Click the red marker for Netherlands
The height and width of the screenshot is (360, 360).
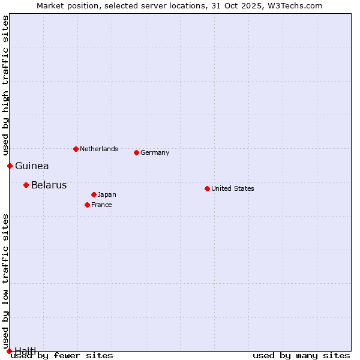[76, 149]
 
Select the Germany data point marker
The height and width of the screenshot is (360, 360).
[136, 152]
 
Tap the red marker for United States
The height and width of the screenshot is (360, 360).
[207, 188]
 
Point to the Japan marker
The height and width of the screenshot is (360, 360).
[94, 194]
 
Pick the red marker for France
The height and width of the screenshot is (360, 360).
[87, 205]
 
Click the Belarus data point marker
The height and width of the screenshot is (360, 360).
[26, 185]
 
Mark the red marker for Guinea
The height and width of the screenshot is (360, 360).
[10, 166]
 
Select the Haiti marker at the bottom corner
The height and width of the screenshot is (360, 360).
[9, 351]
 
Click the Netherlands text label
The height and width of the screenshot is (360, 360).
[98, 149]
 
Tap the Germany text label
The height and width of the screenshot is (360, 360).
[155, 152]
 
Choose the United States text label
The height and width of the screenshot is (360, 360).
[232, 188]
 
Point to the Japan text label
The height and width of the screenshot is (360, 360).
[107, 194]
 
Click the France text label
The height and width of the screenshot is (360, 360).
[101, 205]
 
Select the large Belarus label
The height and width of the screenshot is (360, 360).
[49, 185]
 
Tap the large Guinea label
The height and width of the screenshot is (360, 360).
[32, 166]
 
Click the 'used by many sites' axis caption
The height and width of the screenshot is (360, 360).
[301, 355]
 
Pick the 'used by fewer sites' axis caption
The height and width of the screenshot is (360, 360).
[62, 355]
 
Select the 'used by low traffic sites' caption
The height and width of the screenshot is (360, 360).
[5, 281]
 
